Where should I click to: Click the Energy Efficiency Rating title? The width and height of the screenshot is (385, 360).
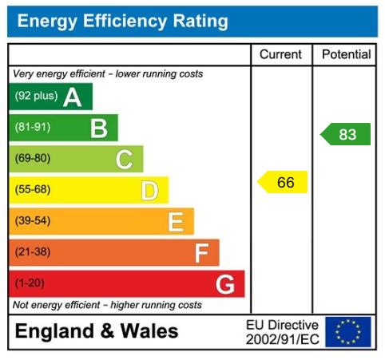pyautogui.click(x=122, y=22)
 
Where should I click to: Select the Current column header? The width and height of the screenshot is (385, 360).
pyautogui.click(x=281, y=55)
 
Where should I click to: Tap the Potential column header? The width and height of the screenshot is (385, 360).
pyautogui.click(x=346, y=55)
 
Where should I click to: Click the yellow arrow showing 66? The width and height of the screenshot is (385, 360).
pyautogui.click(x=284, y=183)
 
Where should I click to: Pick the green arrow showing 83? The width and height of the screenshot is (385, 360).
pyautogui.click(x=346, y=134)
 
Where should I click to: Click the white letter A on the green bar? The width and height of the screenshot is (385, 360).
pyautogui.click(x=73, y=97)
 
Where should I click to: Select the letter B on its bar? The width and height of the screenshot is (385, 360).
pyautogui.click(x=98, y=128)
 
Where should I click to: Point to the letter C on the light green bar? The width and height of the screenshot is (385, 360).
pyautogui.click(x=124, y=160)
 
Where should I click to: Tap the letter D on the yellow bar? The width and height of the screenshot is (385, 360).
pyautogui.click(x=149, y=191)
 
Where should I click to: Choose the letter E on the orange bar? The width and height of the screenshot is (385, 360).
pyautogui.click(x=176, y=222)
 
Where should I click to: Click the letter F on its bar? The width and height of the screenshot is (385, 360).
pyautogui.click(x=201, y=253)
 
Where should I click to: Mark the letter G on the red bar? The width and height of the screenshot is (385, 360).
pyautogui.click(x=225, y=284)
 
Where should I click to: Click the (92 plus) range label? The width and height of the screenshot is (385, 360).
pyautogui.click(x=36, y=97)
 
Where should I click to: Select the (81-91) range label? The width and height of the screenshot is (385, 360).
pyautogui.click(x=33, y=128)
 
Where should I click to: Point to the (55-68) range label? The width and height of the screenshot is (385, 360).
pyautogui.click(x=33, y=190)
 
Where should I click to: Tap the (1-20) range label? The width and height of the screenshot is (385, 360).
pyautogui.click(x=30, y=283)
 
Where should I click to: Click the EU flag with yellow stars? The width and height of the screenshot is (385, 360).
pyautogui.click(x=348, y=331)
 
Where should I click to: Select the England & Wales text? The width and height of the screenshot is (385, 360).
pyautogui.click(x=97, y=331)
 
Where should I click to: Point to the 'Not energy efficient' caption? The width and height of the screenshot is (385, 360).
pyautogui.click(x=107, y=305)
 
